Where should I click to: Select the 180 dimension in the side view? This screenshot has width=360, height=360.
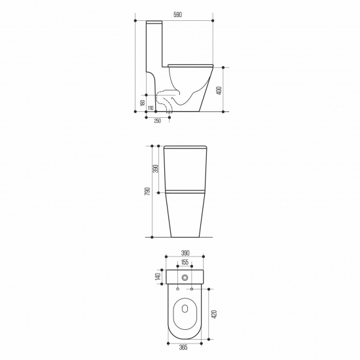coord(141,103)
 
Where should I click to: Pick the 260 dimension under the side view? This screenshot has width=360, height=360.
coord(157,120)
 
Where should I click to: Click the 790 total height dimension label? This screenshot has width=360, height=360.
coord(148,191)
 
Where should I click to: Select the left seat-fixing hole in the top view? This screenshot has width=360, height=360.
coord(177,288)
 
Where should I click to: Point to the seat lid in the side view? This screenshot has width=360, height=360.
coord(190,63)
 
